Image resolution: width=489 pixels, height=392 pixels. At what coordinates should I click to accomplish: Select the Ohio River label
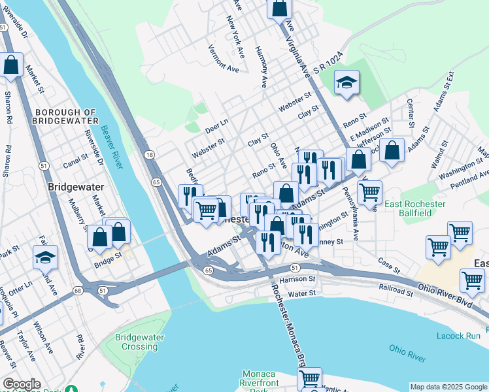coord(407,353)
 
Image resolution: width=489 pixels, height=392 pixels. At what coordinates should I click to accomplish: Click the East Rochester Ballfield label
coord(415,209)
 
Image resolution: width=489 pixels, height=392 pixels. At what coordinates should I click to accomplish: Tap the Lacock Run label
coord(458,336)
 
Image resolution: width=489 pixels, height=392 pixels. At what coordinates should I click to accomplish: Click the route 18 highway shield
coord(150,155)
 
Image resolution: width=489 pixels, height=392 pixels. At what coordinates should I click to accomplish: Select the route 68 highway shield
coord(78,289)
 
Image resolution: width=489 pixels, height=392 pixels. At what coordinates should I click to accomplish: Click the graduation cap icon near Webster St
coord(346,83)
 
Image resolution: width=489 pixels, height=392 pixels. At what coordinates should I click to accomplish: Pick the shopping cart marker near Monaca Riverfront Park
coord(309,378)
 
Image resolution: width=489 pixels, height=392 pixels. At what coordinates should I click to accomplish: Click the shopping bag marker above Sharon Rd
coord(11,65)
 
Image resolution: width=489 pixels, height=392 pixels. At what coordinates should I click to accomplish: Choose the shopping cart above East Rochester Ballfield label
coord(369,192)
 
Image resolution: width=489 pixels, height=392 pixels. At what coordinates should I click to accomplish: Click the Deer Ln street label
coord(216,123)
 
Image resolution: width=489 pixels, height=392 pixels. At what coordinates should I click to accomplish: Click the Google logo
coord(22,384)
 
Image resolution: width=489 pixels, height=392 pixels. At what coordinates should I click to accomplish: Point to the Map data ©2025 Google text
coord(448,387)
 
